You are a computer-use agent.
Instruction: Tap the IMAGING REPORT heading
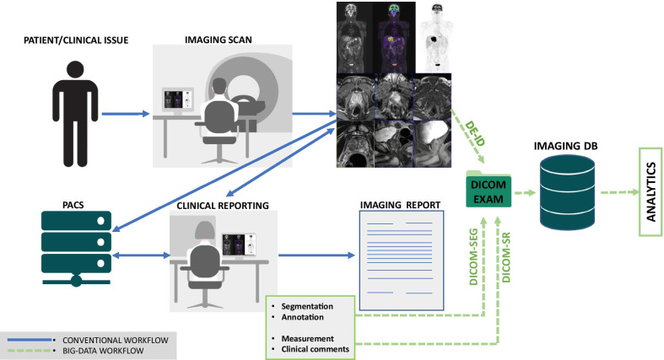pos(396,203)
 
